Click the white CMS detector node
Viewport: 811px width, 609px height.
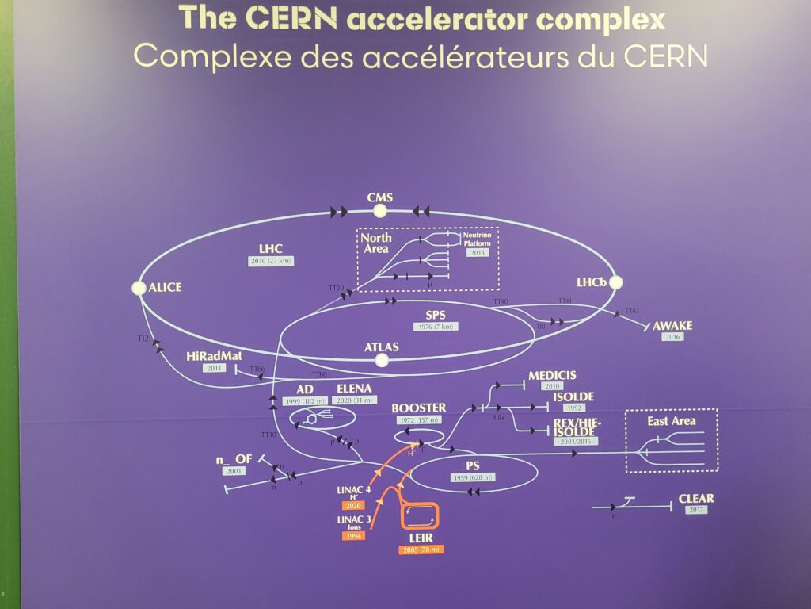380,211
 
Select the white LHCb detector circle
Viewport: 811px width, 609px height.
616,282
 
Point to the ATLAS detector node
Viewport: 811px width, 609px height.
383,361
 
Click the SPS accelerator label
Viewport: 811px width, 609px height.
435,315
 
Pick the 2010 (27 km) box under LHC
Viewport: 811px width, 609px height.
270,261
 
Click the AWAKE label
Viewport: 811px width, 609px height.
672,325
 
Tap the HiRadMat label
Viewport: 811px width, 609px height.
214,356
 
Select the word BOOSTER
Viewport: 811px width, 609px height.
418,408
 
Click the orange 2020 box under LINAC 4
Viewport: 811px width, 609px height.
352,505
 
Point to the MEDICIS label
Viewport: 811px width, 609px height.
552,375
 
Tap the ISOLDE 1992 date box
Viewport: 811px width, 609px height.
573,409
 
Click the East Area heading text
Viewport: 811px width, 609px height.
671,421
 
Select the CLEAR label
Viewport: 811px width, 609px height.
695,499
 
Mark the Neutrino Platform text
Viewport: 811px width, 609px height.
478,239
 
